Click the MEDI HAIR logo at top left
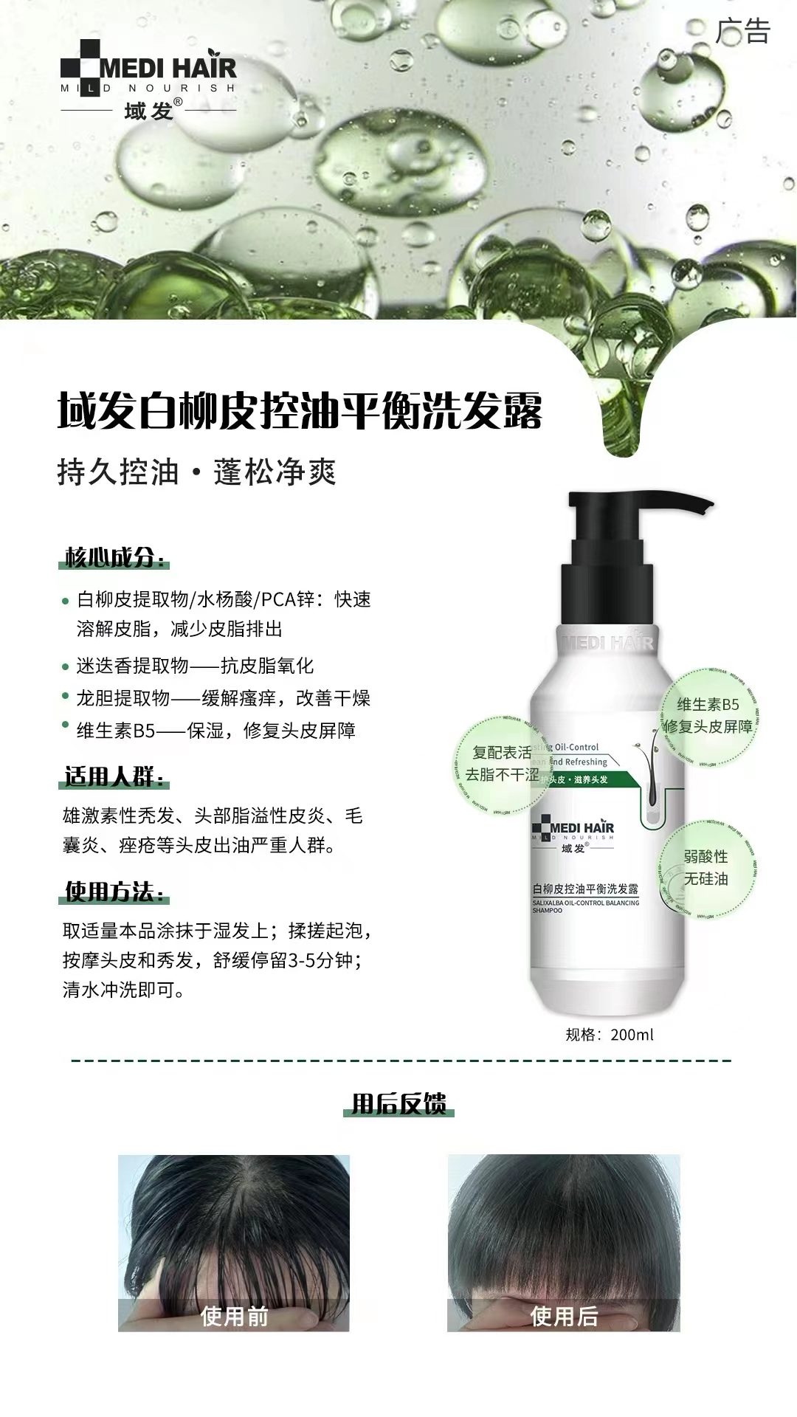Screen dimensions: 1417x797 (x=148, y=80)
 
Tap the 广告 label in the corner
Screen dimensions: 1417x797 (x=742, y=31)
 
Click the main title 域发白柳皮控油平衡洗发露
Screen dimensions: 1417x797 (x=300, y=410)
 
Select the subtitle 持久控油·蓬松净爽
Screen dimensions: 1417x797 (x=196, y=472)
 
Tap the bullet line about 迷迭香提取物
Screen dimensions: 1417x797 (x=195, y=666)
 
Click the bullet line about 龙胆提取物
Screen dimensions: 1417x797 (x=223, y=698)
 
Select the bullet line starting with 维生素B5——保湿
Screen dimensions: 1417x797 (x=215, y=731)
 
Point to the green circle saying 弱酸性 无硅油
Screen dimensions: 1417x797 (x=706, y=868)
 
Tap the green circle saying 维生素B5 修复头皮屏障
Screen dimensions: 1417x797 (x=708, y=715)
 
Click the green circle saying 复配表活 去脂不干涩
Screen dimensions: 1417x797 (x=500, y=763)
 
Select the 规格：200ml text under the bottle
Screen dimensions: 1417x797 (x=610, y=1035)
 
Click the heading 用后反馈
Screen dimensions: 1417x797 (x=398, y=1104)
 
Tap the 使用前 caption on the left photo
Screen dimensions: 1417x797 (x=234, y=1316)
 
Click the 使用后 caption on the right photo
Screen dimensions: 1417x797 (x=564, y=1316)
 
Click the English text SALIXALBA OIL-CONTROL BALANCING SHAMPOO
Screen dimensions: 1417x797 (x=585, y=906)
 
